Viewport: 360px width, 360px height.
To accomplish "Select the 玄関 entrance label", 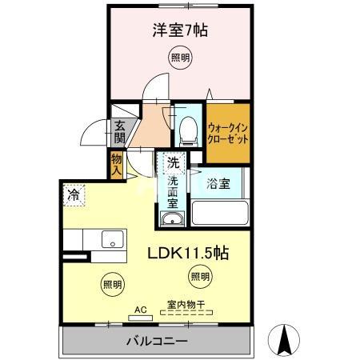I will point(119,131).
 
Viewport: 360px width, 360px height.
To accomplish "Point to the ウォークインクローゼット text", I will point(228,132).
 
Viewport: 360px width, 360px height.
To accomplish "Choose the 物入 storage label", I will point(117,165).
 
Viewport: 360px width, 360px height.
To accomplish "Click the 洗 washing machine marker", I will point(172,162).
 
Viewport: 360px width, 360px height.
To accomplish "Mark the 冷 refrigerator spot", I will point(74,194).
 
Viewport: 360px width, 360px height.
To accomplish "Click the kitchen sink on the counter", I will point(111,239).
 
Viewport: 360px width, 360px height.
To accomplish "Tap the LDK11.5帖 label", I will point(189,253).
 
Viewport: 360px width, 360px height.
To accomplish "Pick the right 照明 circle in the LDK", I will point(199,277).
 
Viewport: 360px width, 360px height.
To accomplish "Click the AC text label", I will point(139,307).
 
